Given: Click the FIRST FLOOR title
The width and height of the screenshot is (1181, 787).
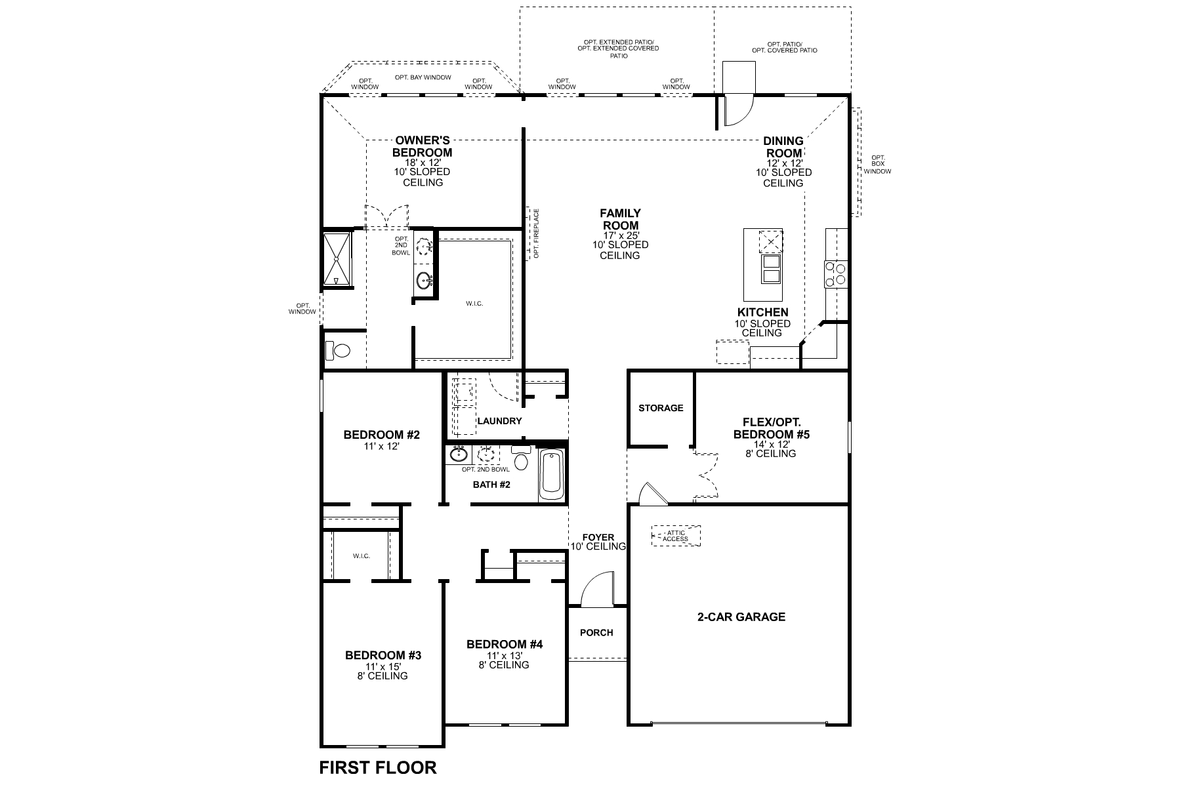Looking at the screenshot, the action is pyautogui.click(x=377, y=767).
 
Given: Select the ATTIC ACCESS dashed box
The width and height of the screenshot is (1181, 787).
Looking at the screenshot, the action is pyautogui.click(x=675, y=536).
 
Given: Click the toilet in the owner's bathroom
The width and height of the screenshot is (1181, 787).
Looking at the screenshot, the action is pyautogui.click(x=338, y=351).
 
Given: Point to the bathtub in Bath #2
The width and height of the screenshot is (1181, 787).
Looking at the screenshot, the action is pyautogui.click(x=551, y=474).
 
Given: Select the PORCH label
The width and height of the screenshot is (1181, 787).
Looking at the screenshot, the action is pyautogui.click(x=597, y=632).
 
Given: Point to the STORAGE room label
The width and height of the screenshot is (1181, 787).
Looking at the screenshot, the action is pyautogui.click(x=661, y=408).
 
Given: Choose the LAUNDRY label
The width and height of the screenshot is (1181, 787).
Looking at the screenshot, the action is pyautogui.click(x=499, y=421).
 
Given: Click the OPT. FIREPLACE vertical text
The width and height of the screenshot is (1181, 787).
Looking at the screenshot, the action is pyautogui.click(x=536, y=233).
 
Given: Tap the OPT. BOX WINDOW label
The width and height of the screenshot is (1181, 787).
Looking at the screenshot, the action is pyautogui.click(x=877, y=165).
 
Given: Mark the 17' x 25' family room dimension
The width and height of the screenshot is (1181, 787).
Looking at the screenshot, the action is pyautogui.click(x=620, y=234).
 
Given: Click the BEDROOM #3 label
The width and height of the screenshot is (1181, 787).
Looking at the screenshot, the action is pyautogui.click(x=383, y=655).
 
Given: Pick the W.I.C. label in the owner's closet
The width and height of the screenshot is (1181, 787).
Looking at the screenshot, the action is pyautogui.click(x=474, y=304).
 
